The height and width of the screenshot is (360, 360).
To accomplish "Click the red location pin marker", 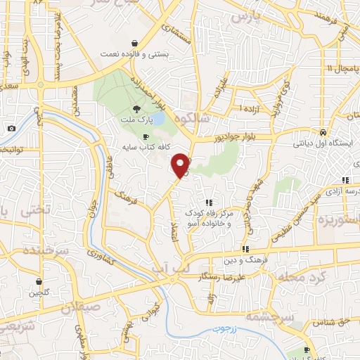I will click(181, 165).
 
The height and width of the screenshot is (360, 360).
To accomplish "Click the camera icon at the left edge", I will click(11, 128).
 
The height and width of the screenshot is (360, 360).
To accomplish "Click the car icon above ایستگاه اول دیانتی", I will click(321, 131).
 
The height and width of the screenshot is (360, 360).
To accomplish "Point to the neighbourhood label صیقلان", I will click(81, 307).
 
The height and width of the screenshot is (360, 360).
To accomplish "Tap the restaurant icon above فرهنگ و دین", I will click(245, 248).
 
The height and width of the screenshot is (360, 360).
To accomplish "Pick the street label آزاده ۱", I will click(247, 109).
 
